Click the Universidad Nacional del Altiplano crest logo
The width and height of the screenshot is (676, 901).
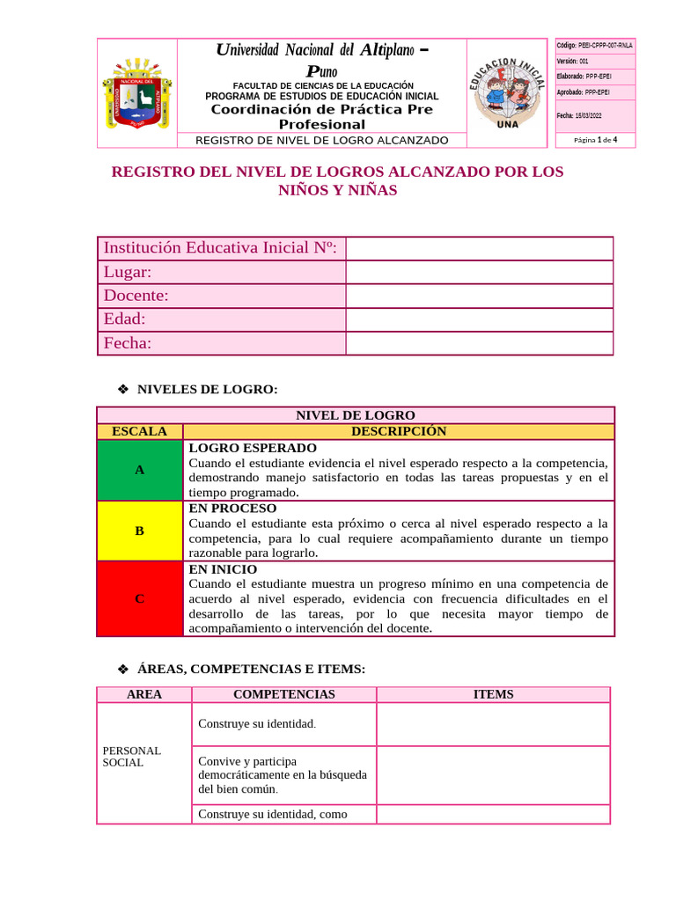[136, 94]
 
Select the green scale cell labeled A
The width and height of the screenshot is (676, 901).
[139, 470]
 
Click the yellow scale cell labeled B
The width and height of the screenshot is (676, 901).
[139, 531]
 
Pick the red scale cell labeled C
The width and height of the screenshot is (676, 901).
[139, 598]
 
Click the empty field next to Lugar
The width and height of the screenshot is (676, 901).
[479, 273]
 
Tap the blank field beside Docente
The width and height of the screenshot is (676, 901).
[479, 297]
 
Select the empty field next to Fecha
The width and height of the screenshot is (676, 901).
[479, 343]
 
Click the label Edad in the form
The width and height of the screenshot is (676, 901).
[125, 319]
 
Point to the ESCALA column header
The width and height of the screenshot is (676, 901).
[139, 431]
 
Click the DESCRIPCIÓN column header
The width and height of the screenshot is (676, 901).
[398, 431]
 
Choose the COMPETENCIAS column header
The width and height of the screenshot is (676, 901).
[283, 694]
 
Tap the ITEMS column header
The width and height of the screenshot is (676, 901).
[493, 694]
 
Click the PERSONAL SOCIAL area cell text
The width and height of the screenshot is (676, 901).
[132, 757]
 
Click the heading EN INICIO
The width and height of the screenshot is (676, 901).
[223, 569]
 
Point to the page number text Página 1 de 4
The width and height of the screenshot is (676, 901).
[596, 140]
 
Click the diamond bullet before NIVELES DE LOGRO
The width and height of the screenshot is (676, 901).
[123, 389]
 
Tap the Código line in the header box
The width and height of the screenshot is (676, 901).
[594, 45]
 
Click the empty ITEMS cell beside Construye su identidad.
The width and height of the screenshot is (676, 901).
[493, 724]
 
